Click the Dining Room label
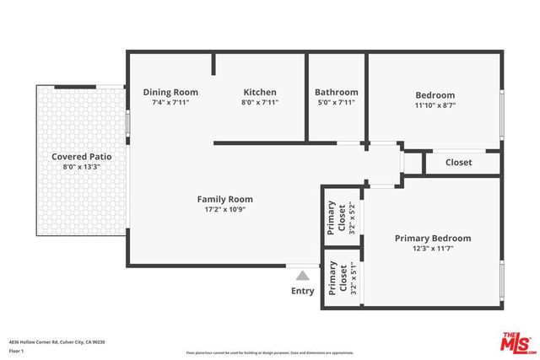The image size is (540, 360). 170,92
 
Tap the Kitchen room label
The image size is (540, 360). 260,92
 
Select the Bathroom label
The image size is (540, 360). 336,92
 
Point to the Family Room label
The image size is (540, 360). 225,200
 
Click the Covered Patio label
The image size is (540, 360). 82,156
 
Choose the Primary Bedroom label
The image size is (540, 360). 433,239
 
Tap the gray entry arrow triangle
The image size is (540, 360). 302,274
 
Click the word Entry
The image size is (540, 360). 302,291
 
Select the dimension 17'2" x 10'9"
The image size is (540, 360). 225,211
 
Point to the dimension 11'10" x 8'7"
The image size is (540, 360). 435,106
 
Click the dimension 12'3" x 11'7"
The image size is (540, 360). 433,250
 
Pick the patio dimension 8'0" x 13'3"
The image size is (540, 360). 82,167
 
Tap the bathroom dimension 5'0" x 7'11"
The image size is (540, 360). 336,103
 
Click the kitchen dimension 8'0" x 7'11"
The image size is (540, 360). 260,103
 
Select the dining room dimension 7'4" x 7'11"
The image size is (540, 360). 170,103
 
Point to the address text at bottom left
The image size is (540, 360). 57,342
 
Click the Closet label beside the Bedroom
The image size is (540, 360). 459,162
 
